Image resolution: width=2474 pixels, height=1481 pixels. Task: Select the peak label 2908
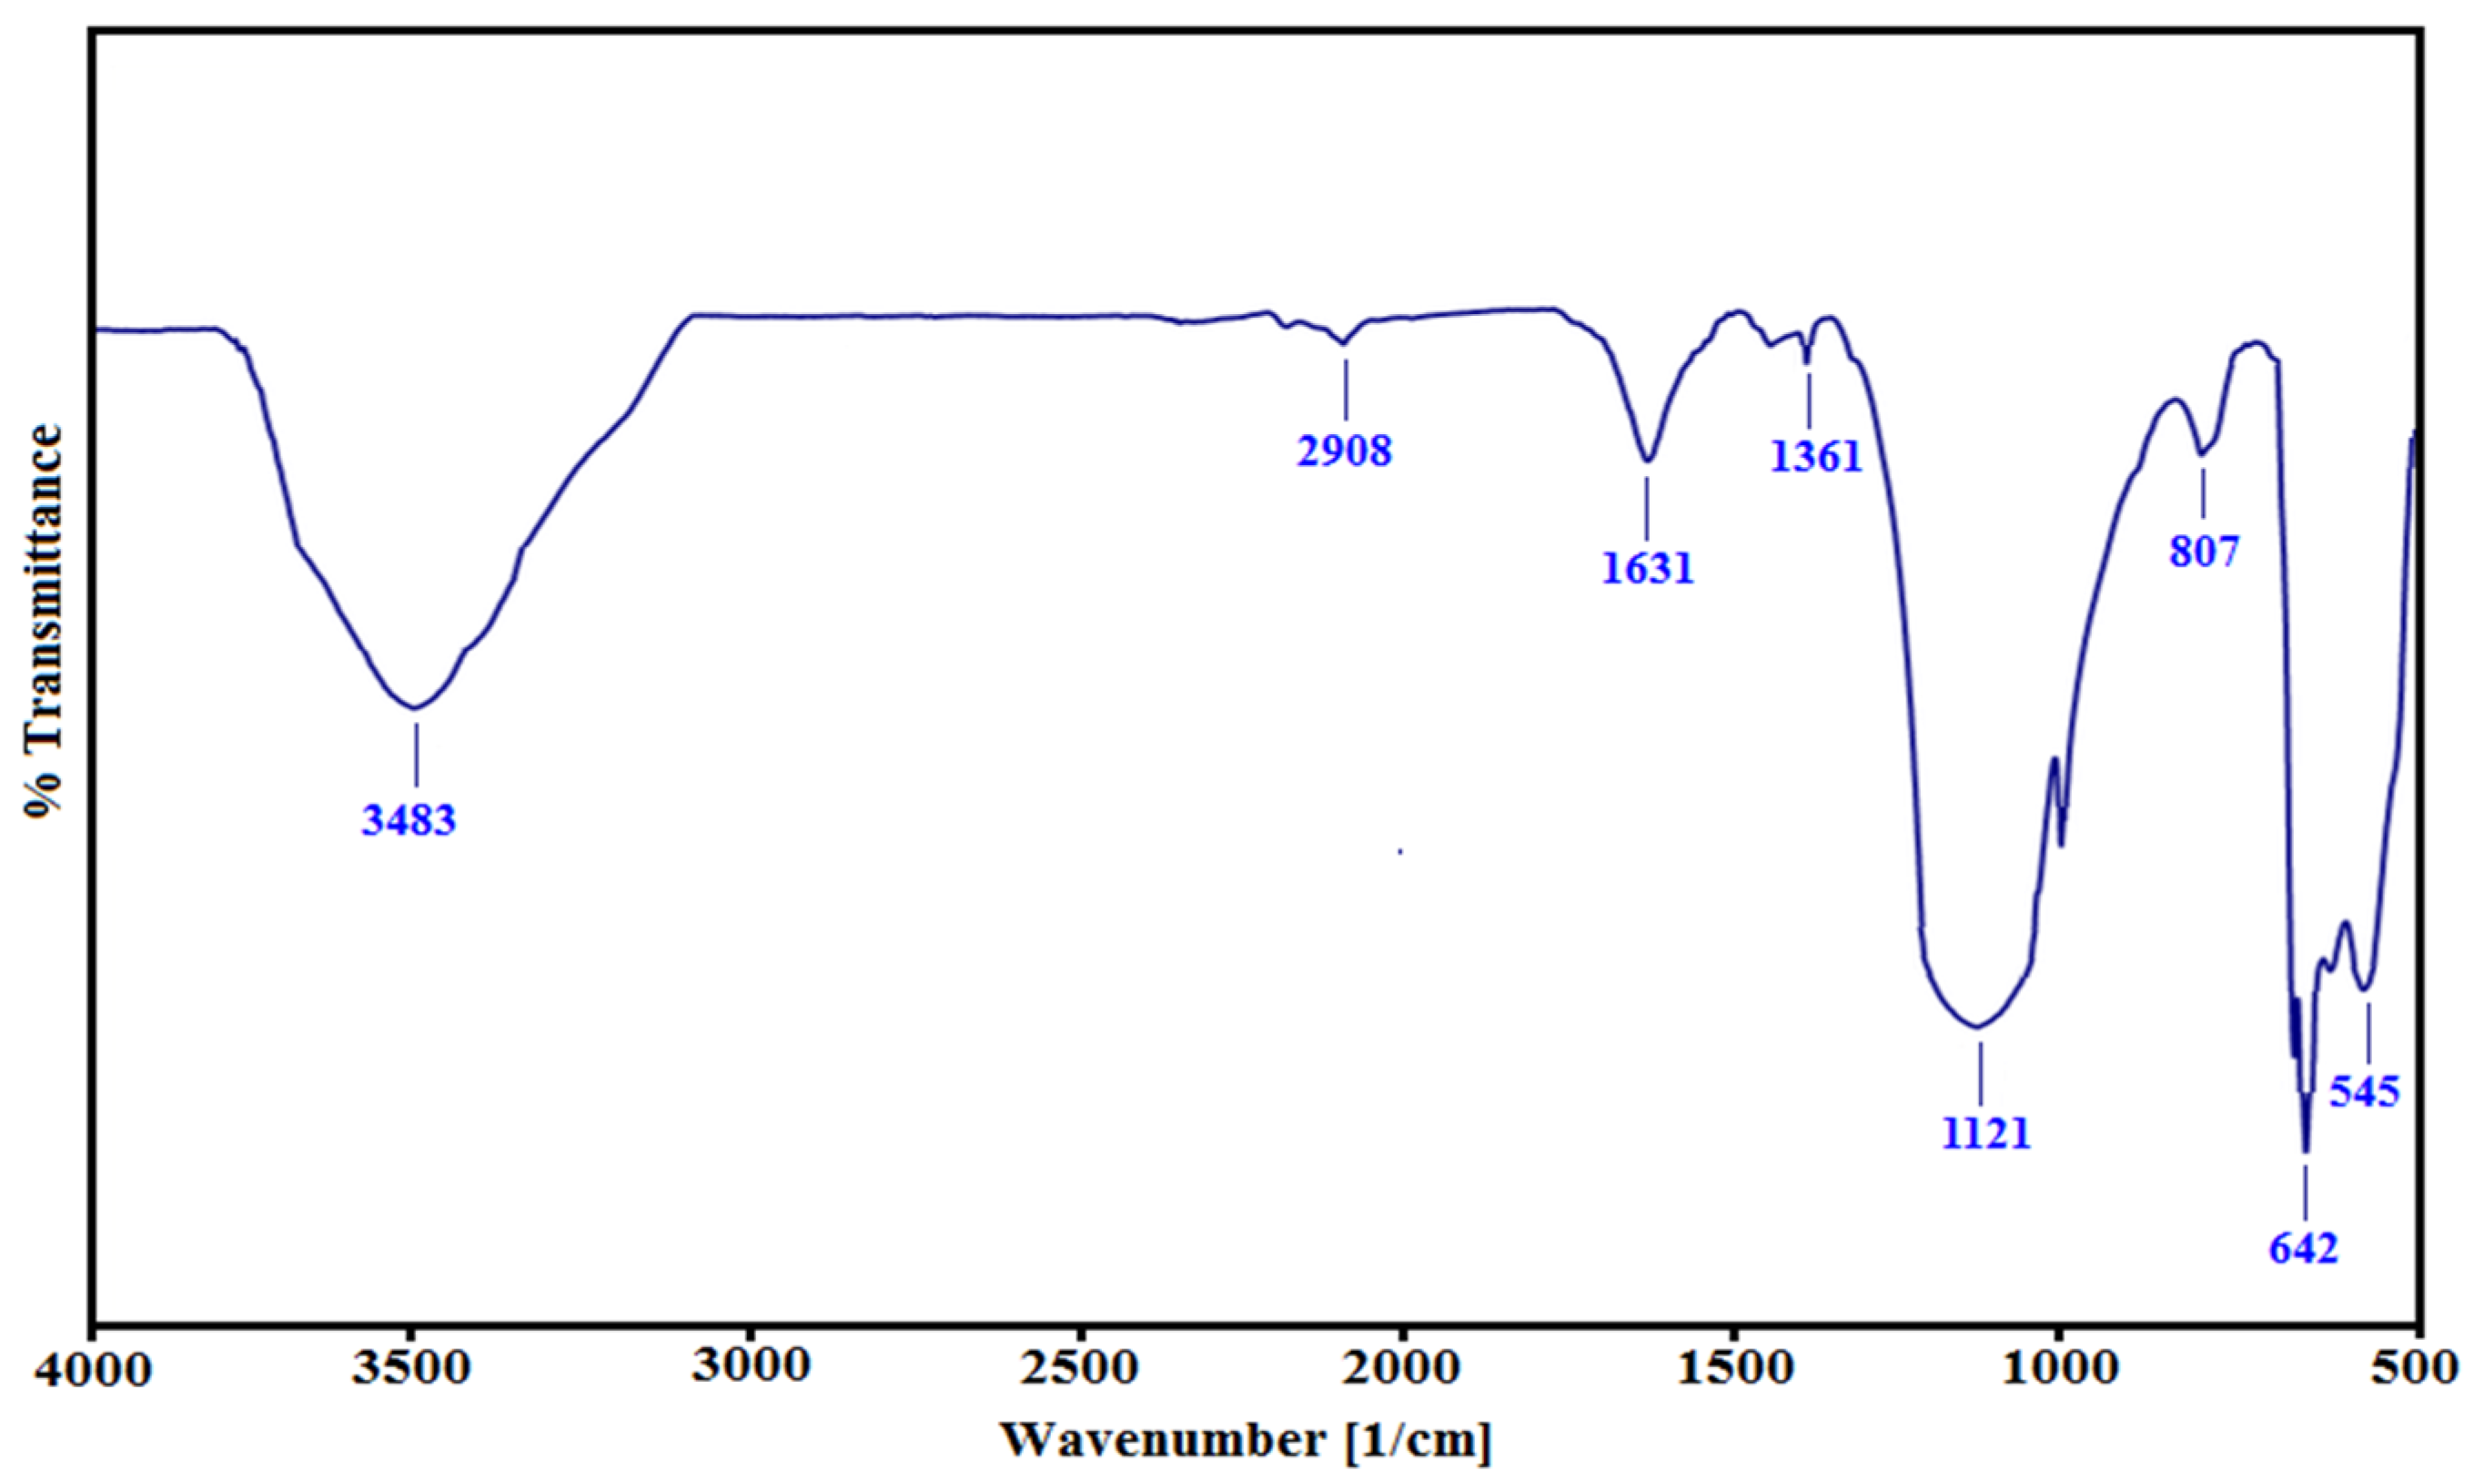click(x=1344, y=451)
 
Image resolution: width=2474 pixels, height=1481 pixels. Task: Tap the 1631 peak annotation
click(x=1648, y=568)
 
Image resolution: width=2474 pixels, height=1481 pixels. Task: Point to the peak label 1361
click(x=1815, y=457)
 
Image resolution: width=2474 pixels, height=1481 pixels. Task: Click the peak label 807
click(x=2205, y=551)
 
